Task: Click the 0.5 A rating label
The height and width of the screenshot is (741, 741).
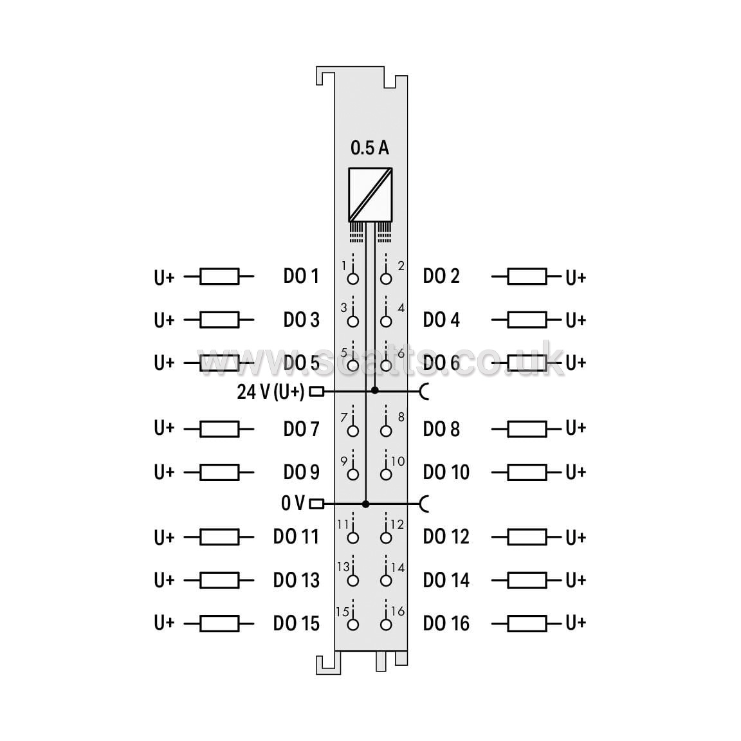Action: [370, 148]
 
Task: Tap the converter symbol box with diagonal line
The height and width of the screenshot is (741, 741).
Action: [370, 195]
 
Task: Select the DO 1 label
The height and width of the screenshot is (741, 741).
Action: [301, 276]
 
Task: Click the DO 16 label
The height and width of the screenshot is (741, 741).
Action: [446, 623]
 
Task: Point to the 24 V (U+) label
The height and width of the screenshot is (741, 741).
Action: [271, 391]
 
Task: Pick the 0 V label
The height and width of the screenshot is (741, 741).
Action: [293, 503]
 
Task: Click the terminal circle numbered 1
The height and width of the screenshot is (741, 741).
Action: [352, 279]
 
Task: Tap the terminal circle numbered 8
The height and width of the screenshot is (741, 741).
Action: [386, 431]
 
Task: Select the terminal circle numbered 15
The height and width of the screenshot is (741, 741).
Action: [352, 625]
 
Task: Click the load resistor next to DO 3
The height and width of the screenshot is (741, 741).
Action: [219, 320]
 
